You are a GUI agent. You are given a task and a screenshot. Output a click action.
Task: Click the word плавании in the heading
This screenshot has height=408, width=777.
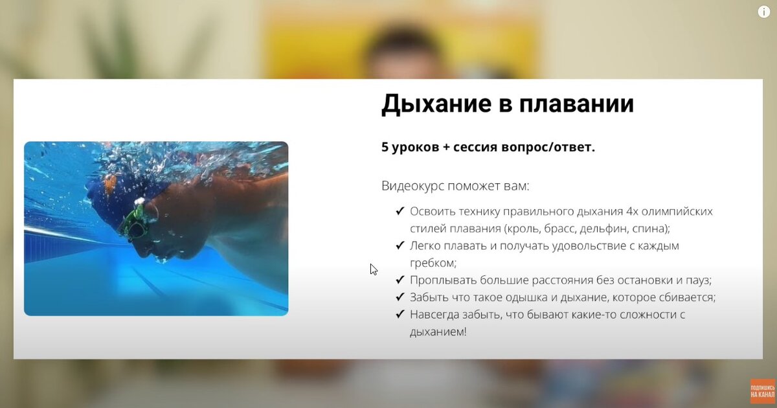tap(576, 104)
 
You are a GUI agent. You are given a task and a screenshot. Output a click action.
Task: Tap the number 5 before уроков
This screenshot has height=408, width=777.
tap(385, 147)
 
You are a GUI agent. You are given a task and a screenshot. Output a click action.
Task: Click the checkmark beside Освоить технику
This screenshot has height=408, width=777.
tap(400, 211)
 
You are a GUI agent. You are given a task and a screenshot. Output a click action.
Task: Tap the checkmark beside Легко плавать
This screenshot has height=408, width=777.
tap(400, 245)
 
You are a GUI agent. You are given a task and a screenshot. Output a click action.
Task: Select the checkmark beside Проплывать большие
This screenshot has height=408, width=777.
tap(400, 280)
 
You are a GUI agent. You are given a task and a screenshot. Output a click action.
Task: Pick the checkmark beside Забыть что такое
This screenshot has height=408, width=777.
tap(400, 297)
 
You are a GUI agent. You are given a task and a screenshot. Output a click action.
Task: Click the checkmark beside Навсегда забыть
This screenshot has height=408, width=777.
tap(400, 314)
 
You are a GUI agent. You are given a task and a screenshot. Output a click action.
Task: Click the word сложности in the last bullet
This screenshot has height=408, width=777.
tap(647, 315)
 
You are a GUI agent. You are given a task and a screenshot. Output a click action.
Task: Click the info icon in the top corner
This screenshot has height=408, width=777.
tap(764, 12)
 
